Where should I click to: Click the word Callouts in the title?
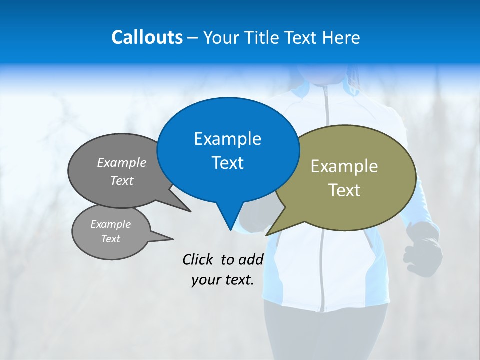(147, 37)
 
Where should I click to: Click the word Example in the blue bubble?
(227, 139)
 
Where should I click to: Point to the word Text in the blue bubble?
(227, 163)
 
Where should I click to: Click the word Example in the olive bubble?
(344, 166)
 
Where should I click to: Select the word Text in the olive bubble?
(344, 190)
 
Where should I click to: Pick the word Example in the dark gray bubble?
(122, 162)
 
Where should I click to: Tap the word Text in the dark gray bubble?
(122, 180)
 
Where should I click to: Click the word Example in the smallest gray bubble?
(110, 224)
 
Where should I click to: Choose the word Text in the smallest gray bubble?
(110, 239)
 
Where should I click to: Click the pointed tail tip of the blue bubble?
(230, 230)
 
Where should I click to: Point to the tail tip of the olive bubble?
(267, 235)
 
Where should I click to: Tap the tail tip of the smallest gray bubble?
(173, 239)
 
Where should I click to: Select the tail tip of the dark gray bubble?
(190, 211)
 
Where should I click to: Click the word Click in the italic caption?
(198, 259)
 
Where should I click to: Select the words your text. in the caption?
(223, 280)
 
